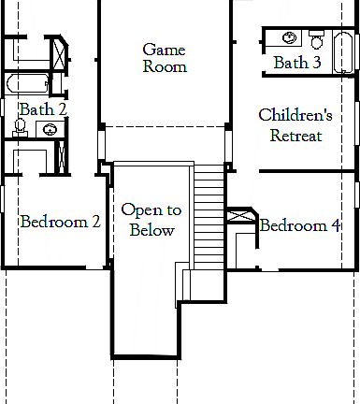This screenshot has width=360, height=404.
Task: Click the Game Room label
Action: tap(165, 58)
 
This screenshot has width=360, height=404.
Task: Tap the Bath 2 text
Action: tap(43, 109)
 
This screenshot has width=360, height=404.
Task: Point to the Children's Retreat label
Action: tap(295, 125)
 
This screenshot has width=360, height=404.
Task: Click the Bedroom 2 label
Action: tap(60, 222)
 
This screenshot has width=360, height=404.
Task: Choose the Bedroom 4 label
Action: tap(300, 225)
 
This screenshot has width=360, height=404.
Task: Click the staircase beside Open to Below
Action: tap(209, 215)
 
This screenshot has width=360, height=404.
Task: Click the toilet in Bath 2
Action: tap(21, 125)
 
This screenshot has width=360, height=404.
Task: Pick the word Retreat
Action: tap(295, 136)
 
